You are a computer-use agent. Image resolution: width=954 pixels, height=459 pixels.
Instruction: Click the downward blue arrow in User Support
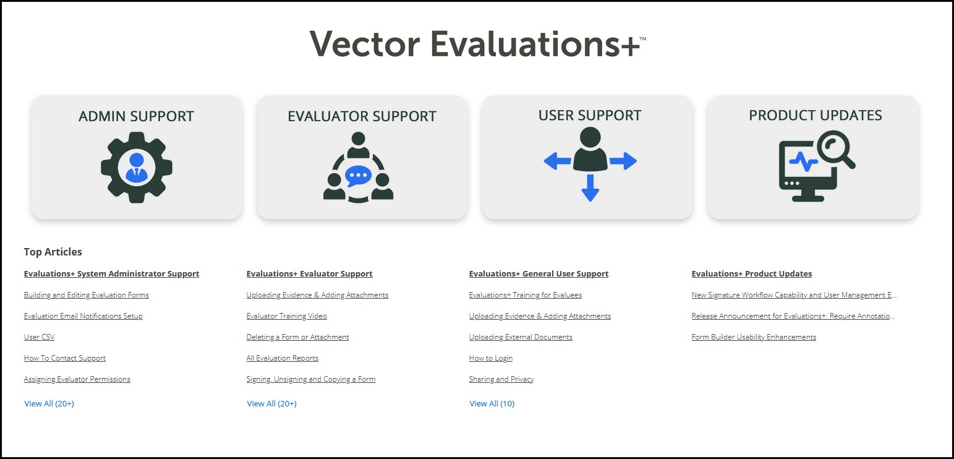(x=590, y=188)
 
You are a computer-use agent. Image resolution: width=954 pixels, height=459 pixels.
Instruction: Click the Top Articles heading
(x=53, y=252)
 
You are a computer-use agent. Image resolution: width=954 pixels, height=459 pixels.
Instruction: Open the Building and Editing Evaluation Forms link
(x=87, y=295)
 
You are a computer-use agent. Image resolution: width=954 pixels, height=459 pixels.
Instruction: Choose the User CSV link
(x=39, y=337)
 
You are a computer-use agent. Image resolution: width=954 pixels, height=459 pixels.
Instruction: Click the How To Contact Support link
(x=65, y=358)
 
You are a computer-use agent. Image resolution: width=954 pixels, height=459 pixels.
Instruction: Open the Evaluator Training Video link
(x=287, y=316)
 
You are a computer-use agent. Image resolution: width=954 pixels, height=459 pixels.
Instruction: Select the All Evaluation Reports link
(x=283, y=358)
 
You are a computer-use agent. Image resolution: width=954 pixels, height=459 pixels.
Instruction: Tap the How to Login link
(x=491, y=358)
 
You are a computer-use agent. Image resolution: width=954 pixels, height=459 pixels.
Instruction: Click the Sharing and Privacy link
(x=501, y=379)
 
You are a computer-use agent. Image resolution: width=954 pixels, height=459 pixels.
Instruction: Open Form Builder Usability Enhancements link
(x=754, y=337)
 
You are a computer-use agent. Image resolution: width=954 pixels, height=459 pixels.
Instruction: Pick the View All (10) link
(x=492, y=403)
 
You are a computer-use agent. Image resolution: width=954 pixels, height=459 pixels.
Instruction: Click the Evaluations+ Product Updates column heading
(x=752, y=273)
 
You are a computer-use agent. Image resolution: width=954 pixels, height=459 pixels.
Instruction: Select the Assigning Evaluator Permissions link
(x=77, y=379)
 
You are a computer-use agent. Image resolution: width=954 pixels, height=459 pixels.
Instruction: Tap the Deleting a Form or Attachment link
(x=297, y=337)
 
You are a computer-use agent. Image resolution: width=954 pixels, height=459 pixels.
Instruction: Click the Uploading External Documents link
(x=521, y=337)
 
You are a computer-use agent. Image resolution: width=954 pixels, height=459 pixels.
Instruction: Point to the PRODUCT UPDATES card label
(x=815, y=115)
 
